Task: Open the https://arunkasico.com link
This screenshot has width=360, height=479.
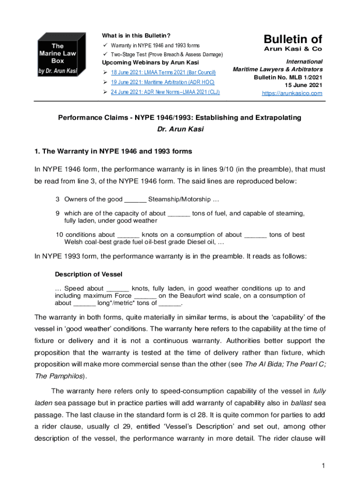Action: [x=292, y=93]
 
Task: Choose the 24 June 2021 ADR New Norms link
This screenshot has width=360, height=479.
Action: [x=165, y=92]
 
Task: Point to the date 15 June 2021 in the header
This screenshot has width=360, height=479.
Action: [x=303, y=85]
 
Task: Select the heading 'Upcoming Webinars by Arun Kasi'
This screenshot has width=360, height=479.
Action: [x=151, y=63]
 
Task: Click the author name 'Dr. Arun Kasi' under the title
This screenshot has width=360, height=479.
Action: [x=180, y=129]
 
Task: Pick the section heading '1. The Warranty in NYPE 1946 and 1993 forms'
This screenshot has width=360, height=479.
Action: [x=113, y=151]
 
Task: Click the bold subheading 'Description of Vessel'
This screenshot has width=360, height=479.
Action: [x=89, y=274]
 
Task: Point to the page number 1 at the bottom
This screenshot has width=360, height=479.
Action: [x=323, y=465]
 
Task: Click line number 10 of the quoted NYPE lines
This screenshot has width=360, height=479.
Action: [x=59, y=235]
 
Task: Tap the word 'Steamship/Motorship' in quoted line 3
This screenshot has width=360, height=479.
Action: [x=180, y=200]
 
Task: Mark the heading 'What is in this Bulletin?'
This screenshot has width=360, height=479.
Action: [x=136, y=36]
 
